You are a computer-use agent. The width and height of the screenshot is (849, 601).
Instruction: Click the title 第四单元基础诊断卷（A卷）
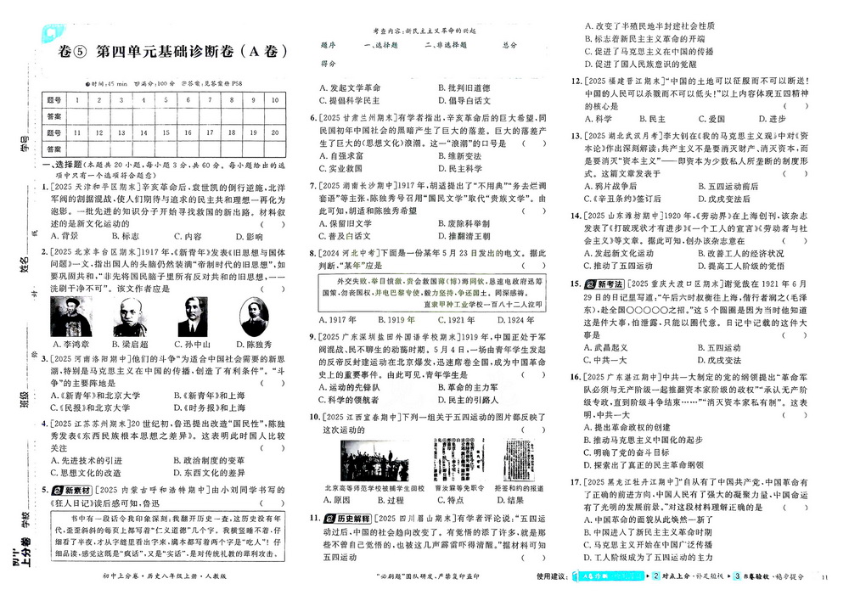pyautogui.click(x=173, y=51)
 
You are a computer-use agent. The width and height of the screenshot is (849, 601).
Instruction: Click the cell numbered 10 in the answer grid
pyautogui.click(x=277, y=99)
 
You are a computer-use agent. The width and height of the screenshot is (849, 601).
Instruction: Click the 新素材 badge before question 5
pyautogui.click(x=70, y=490)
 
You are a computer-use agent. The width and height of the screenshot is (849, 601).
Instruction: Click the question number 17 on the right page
pyautogui.click(x=575, y=481)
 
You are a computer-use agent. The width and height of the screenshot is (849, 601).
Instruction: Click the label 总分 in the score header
pyautogui.click(x=509, y=44)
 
